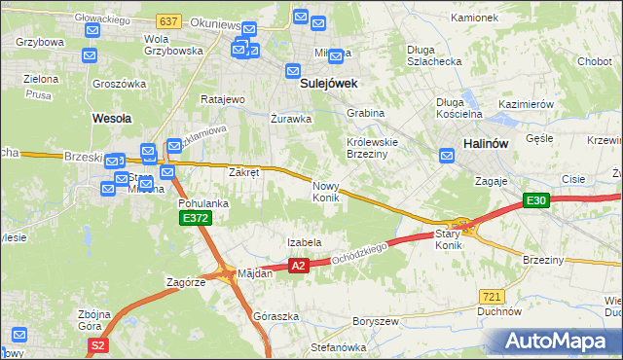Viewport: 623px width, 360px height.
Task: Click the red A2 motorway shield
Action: [x=299, y=265]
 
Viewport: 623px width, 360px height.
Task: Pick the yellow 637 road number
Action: [x=167, y=19]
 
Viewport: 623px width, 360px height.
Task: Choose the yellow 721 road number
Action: [x=492, y=295]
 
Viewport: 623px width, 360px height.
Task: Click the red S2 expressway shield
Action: [x=96, y=345]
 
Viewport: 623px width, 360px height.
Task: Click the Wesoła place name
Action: [x=111, y=118]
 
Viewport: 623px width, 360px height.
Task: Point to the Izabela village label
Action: [x=304, y=242]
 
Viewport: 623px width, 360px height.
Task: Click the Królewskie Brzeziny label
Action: [x=375, y=146]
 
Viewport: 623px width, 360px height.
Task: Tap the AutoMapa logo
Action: [x=560, y=342]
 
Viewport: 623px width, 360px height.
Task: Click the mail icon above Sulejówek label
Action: [x=292, y=70]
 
